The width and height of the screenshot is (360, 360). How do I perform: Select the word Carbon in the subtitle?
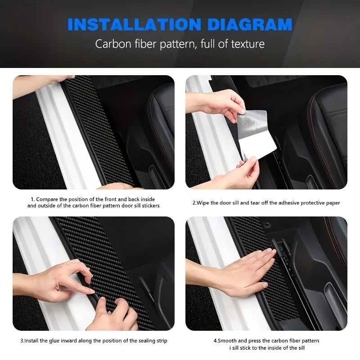110,44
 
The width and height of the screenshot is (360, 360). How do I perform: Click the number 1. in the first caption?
32,199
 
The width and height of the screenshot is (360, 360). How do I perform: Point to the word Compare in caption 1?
46,199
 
